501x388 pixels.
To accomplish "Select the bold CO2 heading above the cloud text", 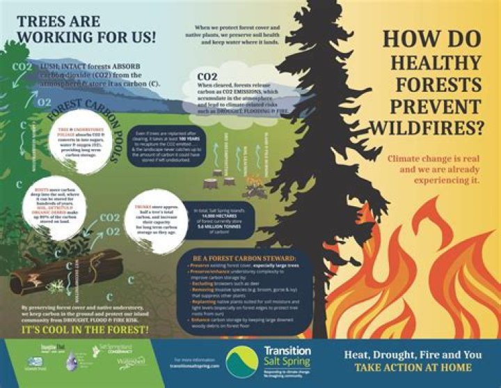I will tap(207, 76).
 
